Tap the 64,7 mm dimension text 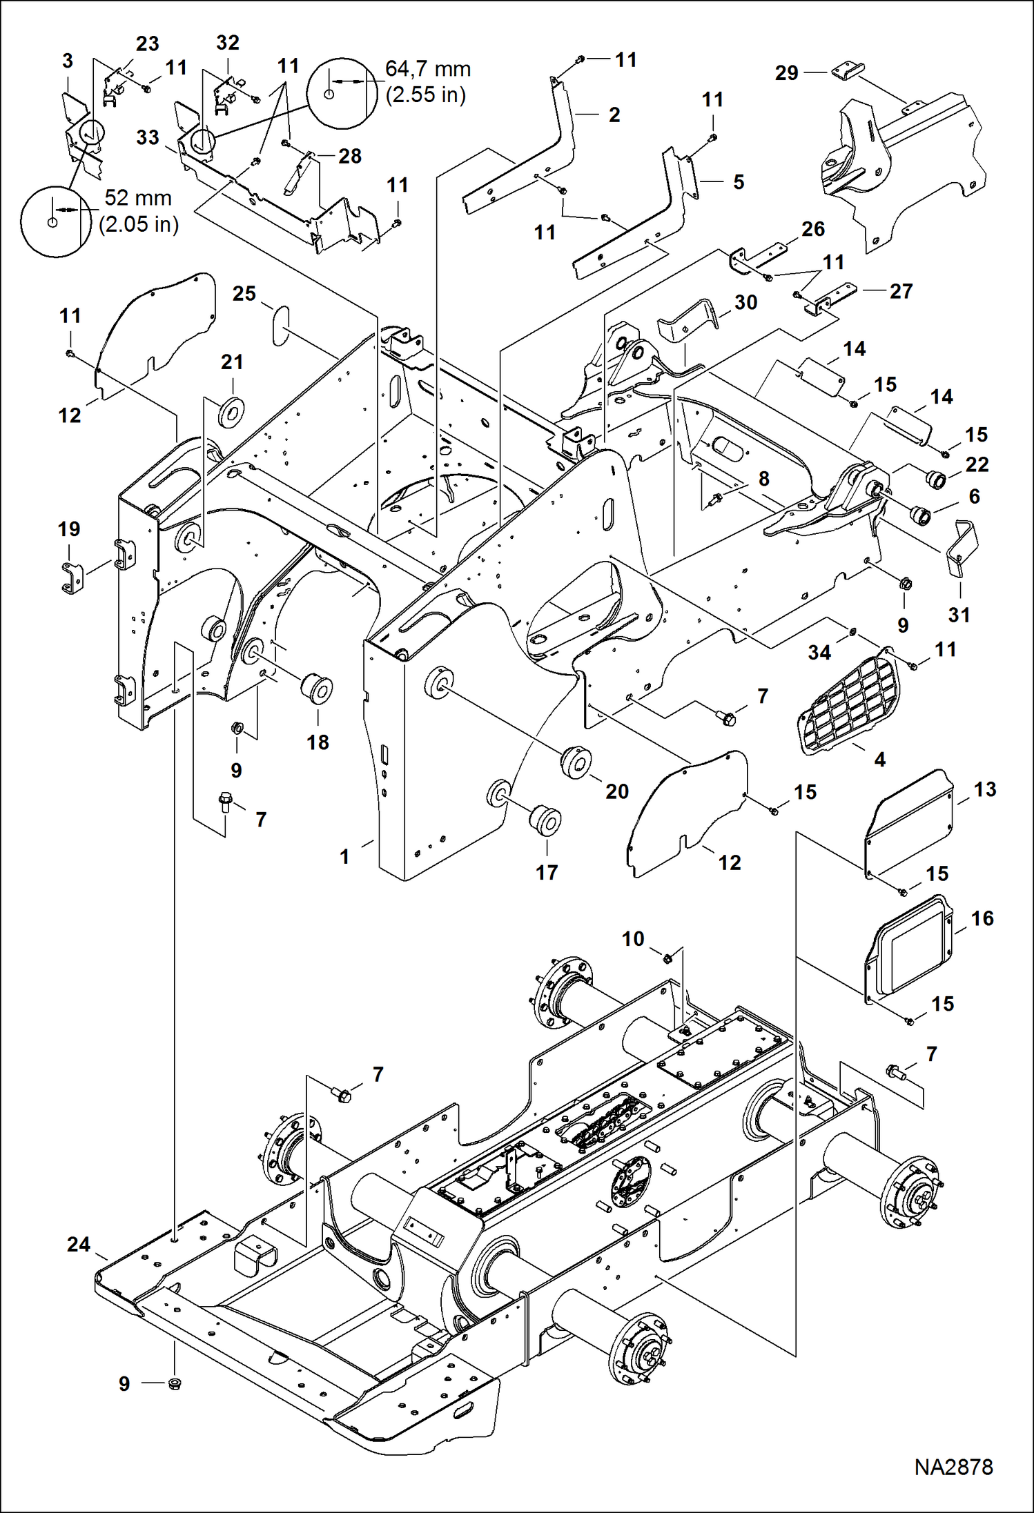click(427, 69)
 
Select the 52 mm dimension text click(137, 198)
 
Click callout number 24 click(79, 1243)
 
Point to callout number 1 click(344, 856)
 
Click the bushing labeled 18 click(318, 689)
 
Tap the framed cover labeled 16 click(909, 945)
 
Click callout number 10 click(633, 938)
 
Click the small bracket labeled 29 click(848, 71)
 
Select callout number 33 click(148, 137)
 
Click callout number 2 click(614, 115)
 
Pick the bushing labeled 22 click(936, 479)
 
